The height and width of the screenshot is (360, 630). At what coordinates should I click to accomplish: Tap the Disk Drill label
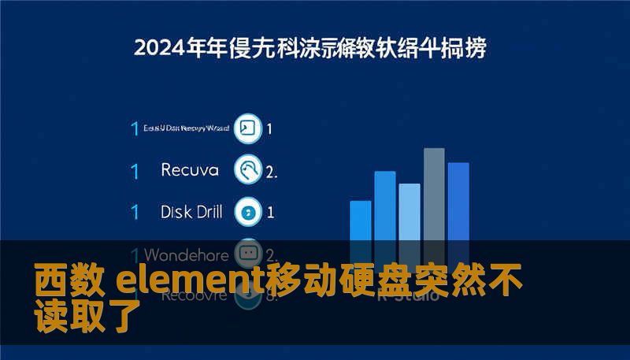[x=191, y=212]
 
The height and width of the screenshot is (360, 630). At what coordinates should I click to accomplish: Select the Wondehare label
[x=187, y=255]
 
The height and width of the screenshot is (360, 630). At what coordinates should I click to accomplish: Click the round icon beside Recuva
[x=249, y=169]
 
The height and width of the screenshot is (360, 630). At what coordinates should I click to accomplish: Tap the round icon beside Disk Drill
[x=249, y=212]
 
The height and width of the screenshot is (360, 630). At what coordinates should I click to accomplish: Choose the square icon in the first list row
[x=249, y=128]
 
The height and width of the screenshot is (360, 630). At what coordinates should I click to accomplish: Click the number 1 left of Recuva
[x=135, y=170]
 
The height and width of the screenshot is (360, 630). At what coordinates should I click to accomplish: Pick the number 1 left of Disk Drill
[x=135, y=212]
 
